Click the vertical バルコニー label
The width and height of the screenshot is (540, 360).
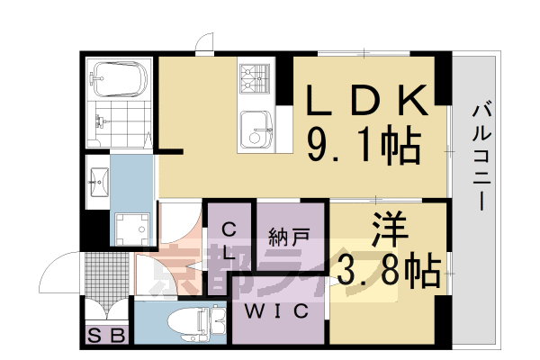pyautogui.click(x=479, y=157)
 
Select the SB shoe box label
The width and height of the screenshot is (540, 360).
pyautogui.click(x=107, y=335)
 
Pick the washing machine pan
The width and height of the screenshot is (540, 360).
pyautogui.click(x=134, y=228)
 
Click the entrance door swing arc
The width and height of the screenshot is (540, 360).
pyautogui.click(x=58, y=270)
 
